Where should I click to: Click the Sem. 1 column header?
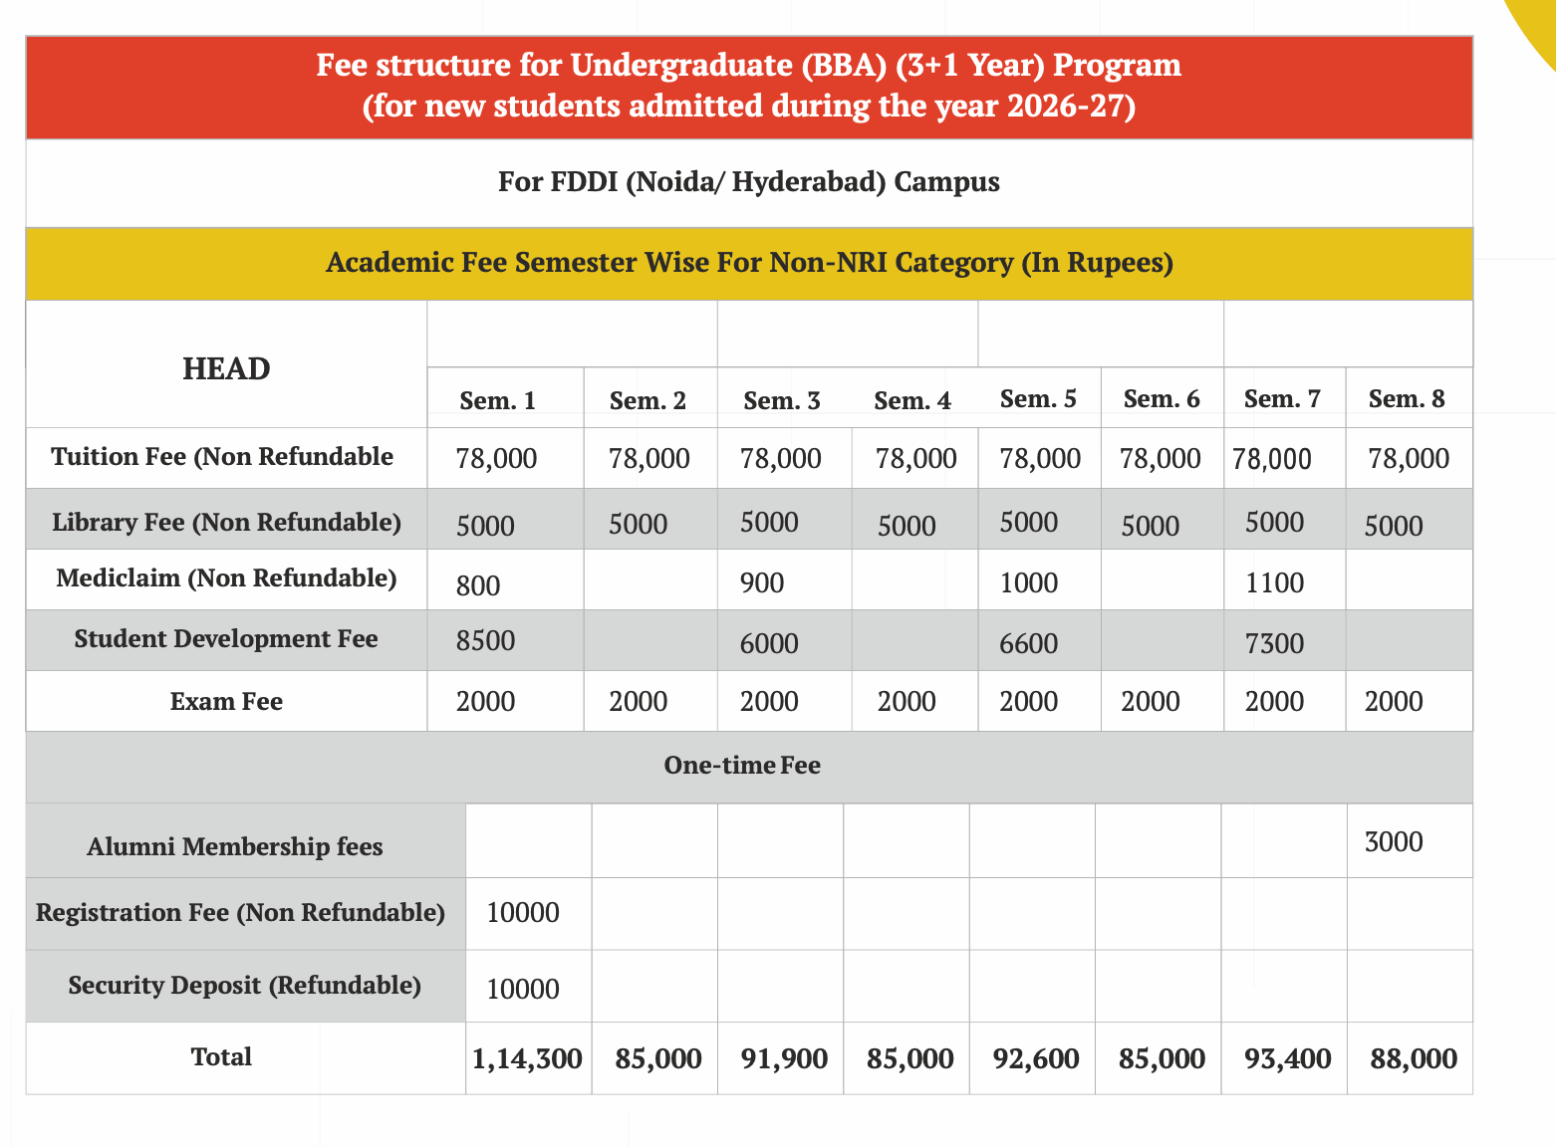pyautogui.click(x=497, y=400)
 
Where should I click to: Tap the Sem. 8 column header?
pyautogui.click(x=1407, y=399)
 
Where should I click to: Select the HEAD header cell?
pyautogui.click(x=226, y=368)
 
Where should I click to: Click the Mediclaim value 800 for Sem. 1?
pyautogui.click(x=478, y=585)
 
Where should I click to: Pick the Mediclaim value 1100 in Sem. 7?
pyautogui.click(x=1274, y=582)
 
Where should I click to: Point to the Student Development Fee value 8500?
pyautogui.click(x=485, y=640)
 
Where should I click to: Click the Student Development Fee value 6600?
pyautogui.click(x=1028, y=643)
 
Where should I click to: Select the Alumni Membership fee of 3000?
pyautogui.click(x=1394, y=842)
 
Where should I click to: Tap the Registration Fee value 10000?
pyautogui.click(x=523, y=912)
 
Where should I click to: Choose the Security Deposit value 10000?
pyautogui.click(x=523, y=989)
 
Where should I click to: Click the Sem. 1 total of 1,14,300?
pyautogui.click(x=527, y=1058)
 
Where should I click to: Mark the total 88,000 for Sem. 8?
pyautogui.click(x=1414, y=1058)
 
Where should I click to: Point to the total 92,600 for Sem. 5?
pyautogui.click(x=1036, y=1058)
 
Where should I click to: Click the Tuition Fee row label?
pyautogui.click(x=222, y=456)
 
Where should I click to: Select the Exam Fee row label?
pyautogui.click(x=226, y=702)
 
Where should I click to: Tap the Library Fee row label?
pyautogui.click(x=226, y=522)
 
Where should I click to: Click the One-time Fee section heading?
pyautogui.click(x=742, y=766)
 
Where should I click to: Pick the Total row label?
pyautogui.click(x=221, y=1056)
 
